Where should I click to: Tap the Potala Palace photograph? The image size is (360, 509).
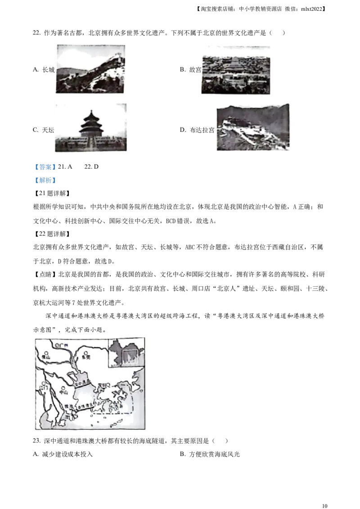pyautogui.click(x=254, y=128)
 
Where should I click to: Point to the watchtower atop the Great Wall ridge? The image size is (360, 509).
pyautogui.click(x=118, y=56)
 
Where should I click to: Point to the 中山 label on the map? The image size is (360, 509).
pyautogui.click(x=63, y=393)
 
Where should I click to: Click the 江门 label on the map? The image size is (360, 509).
pyautogui.click(x=43, y=388)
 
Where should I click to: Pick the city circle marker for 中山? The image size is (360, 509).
pyautogui.click(x=63, y=388)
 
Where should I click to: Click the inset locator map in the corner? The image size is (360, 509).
pyautogui.click(x=126, y=353)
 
